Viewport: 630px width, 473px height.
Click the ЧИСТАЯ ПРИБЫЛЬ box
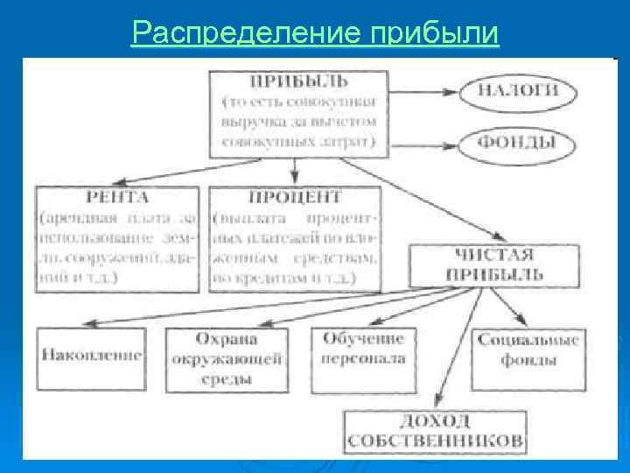tap(493, 265)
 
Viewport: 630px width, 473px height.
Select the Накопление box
tap(91, 357)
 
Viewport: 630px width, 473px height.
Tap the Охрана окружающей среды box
tap(227, 357)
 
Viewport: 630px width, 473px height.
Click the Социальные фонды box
tap(528, 350)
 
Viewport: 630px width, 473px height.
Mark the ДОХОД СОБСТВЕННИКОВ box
tap(435, 431)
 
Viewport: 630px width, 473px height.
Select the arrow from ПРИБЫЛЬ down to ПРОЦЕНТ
tap(297, 171)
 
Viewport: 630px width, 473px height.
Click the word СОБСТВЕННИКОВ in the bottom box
tap(435, 440)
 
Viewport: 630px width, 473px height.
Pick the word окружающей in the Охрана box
tap(227, 358)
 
